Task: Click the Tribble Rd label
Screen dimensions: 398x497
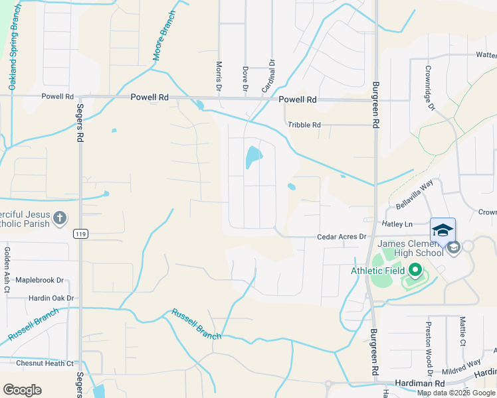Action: [304, 125]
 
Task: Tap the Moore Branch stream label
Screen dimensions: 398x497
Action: [164, 36]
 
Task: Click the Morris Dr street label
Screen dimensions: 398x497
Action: [219, 76]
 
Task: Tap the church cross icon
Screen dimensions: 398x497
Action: [60, 217]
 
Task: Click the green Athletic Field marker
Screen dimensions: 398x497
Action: [415, 270]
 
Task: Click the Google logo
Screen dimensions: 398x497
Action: [22, 390]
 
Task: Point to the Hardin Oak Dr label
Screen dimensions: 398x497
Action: [50, 298]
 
